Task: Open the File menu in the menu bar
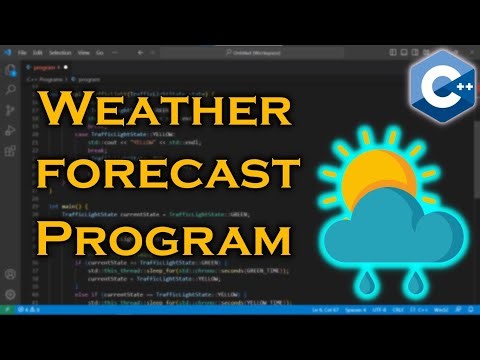[x=22, y=52]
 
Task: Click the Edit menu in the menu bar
[x=37, y=52]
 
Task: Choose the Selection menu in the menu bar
[x=58, y=52]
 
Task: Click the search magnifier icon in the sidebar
[x=11, y=88]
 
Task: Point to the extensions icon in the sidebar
[x=11, y=147]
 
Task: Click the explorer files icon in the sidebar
[x=11, y=69]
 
